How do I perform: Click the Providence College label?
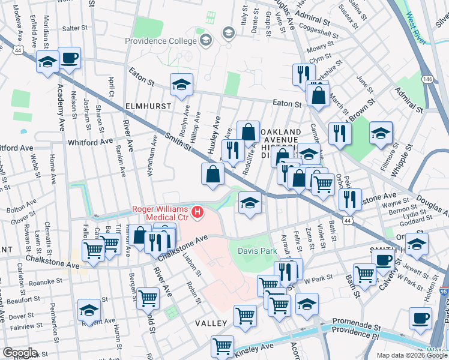pos(161,41)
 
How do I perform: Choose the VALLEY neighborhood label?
pos(211,323)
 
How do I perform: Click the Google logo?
pos(20,352)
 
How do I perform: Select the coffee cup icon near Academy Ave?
pos(69,58)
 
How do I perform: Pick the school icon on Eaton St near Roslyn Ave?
pos(181,84)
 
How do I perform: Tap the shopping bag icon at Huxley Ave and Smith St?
pos(213,173)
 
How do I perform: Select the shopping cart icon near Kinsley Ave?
pos(222,346)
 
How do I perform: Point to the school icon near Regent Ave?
pos(89,310)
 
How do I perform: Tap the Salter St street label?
pos(75,28)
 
